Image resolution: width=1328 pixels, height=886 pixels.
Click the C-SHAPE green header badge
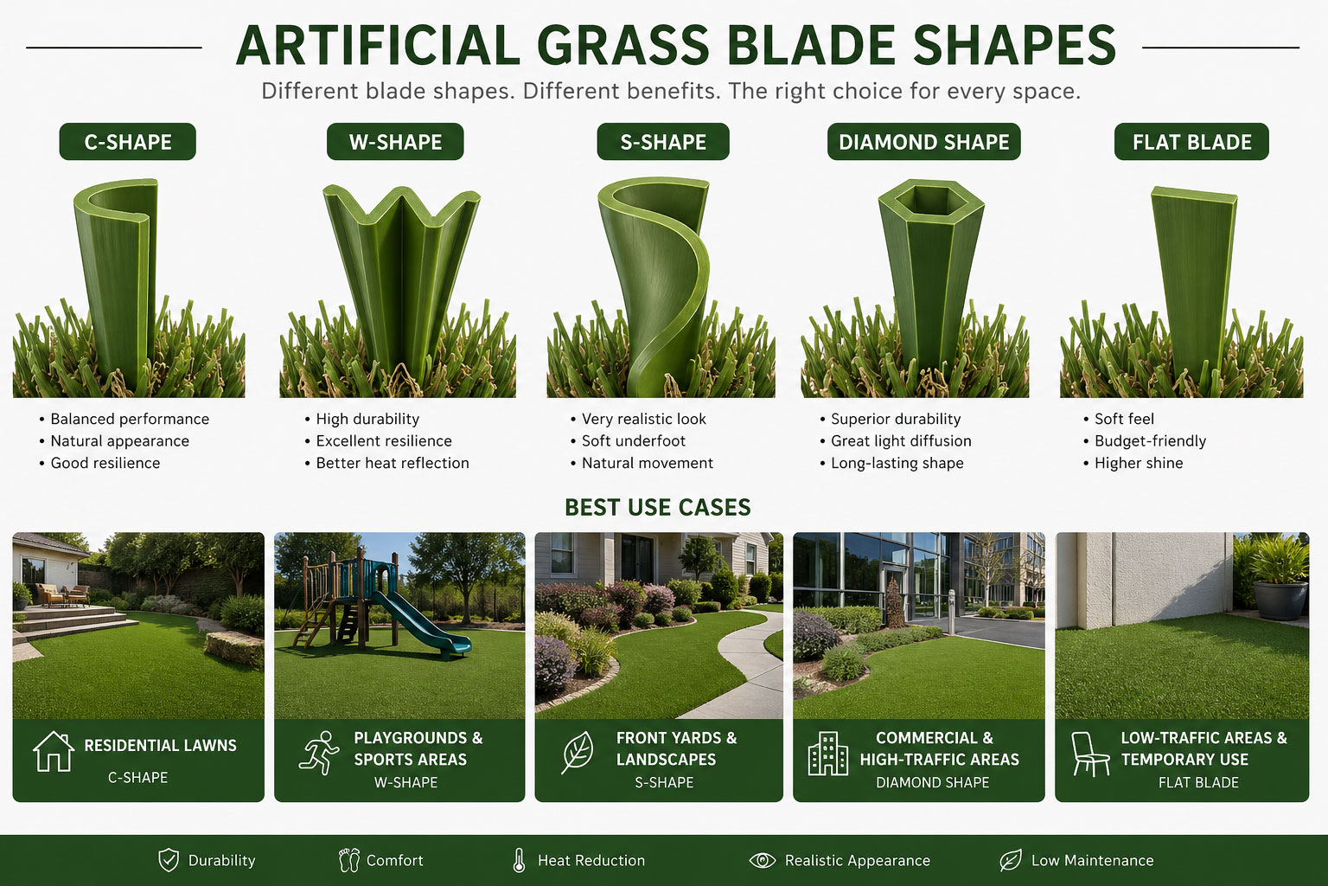tap(127, 142)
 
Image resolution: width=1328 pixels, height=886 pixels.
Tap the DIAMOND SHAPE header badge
tap(923, 142)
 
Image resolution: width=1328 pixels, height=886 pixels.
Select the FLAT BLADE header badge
tap(1191, 142)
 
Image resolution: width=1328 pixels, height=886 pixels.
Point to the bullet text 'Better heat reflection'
tap(393, 463)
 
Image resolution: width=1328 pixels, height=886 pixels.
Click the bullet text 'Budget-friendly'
tap(1150, 441)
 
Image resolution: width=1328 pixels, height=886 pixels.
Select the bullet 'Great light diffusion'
tap(901, 441)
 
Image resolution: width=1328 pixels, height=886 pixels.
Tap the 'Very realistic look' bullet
tap(644, 419)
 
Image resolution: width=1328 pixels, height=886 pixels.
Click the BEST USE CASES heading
tap(657, 507)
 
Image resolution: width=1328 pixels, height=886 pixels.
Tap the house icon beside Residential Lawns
tap(54, 751)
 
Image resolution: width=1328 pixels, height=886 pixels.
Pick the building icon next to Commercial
tap(827, 753)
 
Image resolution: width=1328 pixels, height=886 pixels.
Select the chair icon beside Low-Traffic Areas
tap(1089, 754)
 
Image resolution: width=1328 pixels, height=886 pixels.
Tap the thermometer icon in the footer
tap(519, 860)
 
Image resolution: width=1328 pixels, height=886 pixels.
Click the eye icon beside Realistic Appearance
tap(763, 860)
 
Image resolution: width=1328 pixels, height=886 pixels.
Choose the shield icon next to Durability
tap(169, 860)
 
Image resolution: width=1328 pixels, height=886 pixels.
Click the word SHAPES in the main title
tap(1014, 45)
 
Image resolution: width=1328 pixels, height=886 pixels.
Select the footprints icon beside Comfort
tap(349, 860)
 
